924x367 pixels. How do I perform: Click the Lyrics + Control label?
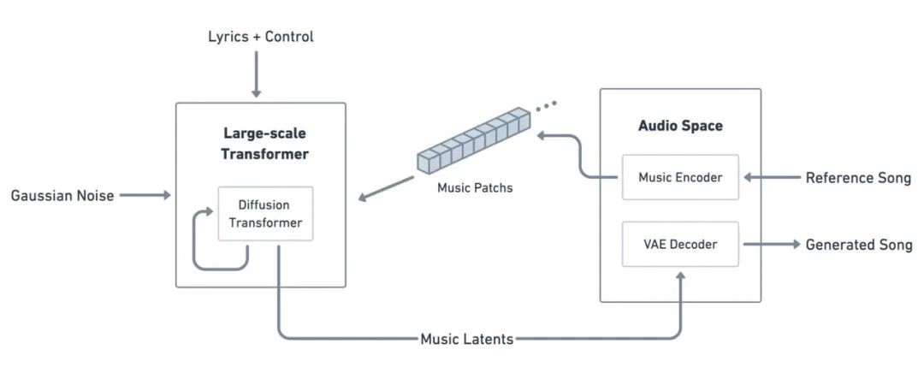click(x=261, y=37)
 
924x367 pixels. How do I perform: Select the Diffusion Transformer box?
click(x=265, y=214)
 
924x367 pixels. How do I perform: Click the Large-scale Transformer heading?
click(x=264, y=144)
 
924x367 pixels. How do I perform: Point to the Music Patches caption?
click(x=474, y=186)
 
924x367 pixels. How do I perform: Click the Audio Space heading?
click(x=680, y=126)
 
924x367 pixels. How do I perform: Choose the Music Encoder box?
click(x=680, y=177)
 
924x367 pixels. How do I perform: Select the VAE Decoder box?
click(x=680, y=244)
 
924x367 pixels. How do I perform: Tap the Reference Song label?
click(x=858, y=178)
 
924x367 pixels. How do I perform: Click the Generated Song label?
click(x=858, y=245)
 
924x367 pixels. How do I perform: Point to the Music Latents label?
click(x=466, y=339)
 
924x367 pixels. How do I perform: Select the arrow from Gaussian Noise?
click(x=145, y=196)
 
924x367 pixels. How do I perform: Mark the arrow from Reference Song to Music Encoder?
click(x=771, y=178)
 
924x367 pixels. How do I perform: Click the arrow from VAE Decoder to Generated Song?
click(x=770, y=245)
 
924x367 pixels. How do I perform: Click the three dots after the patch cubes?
click(x=546, y=106)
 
